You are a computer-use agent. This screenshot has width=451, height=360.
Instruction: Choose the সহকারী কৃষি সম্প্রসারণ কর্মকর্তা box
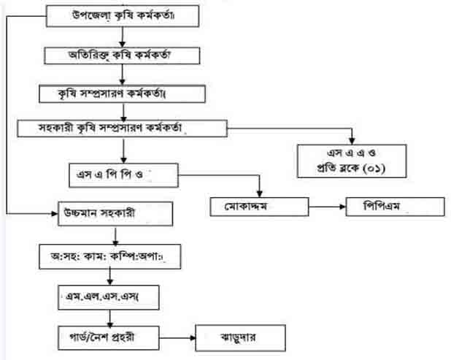(122, 129)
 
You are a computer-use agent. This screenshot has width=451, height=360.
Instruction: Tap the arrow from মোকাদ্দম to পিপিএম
(322, 207)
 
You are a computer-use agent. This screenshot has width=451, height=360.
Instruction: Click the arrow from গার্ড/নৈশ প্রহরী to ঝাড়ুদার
(174, 339)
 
